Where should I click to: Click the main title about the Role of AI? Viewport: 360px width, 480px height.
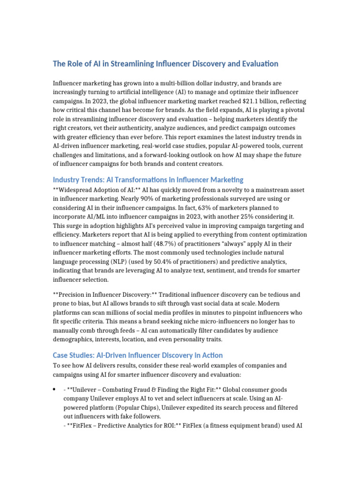tap(165, 64)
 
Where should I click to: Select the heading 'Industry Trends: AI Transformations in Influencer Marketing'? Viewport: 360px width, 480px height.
tap(148, 180)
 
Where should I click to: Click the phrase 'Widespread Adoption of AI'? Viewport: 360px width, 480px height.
tap(96, 190)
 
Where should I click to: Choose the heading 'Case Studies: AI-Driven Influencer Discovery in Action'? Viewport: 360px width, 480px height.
tap(138, 355)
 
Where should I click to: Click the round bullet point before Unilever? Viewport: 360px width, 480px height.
tap(55, 390)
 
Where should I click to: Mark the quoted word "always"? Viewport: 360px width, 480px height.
tap(237, 243)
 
